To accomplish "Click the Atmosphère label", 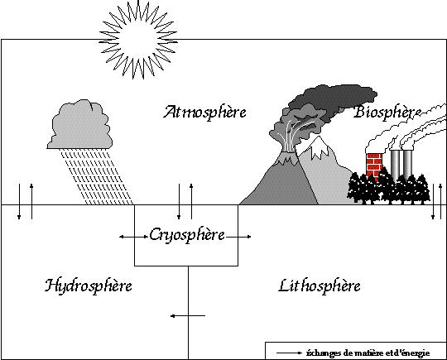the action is click(x=204, y=112).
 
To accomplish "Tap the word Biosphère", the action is click(x=387, y=112).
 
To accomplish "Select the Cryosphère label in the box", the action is click(x=187, y=235).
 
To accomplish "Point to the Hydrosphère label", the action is click(x=89, y=286).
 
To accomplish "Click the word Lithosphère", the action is click(x=320, y=286).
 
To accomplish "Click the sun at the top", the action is click(x=138, y=40).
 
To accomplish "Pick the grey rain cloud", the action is click(x=79, y=125).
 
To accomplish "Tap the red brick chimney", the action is click(x=373, y=166).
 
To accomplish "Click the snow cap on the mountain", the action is click(x=317, y=146).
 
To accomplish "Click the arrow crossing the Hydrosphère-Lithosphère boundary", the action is click(x=188, y=316).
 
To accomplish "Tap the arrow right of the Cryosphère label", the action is click(x=239, y=237).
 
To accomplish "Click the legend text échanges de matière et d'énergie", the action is click(x=368, y=353).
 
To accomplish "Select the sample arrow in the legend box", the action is click(x=289, y=353).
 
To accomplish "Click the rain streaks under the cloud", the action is click(x=97, y=177).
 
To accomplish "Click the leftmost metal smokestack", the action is click(x=395, y=165).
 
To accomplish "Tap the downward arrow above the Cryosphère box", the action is click(x=179, y=202).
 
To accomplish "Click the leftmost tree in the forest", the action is click(x=355, y=189).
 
